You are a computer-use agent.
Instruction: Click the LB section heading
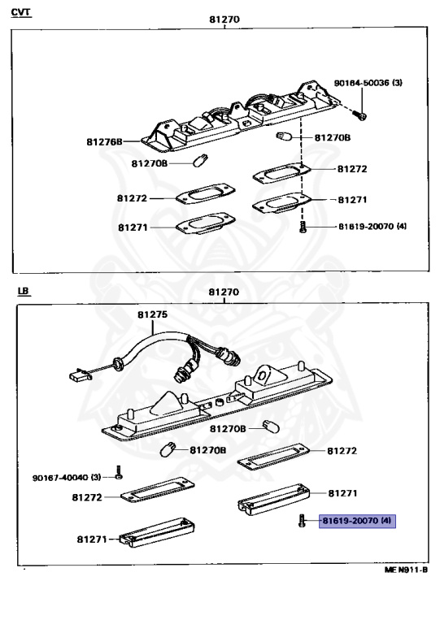21,290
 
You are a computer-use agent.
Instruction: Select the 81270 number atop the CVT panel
225,17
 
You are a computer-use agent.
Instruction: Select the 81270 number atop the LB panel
224,292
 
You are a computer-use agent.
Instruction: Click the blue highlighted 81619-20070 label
357,519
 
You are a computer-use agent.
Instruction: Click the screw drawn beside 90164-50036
363,115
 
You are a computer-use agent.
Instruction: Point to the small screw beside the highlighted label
302,520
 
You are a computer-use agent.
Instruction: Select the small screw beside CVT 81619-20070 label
303,227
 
